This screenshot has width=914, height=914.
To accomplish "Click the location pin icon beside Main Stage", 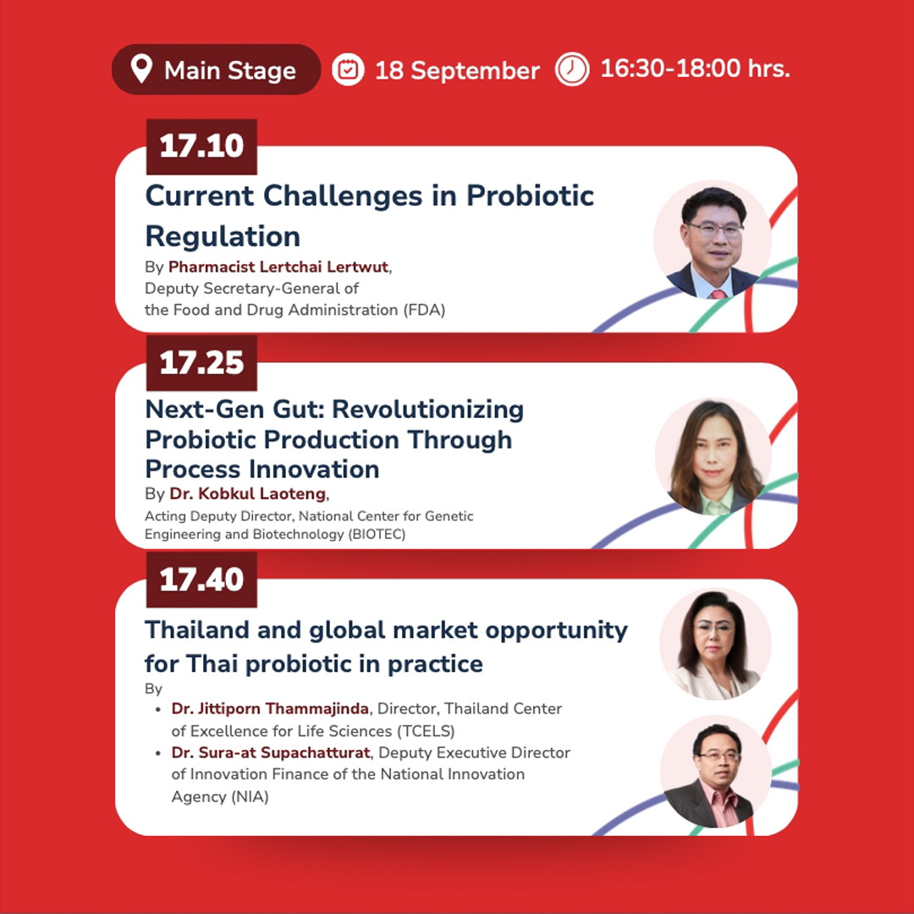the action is coord(141,69).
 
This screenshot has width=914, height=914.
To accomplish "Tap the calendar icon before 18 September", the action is coord(348,70).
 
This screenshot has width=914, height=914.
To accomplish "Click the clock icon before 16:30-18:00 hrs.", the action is coord(572,69).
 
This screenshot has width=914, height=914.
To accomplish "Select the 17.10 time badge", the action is coord(201,146).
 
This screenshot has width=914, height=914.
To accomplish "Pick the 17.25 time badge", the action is coord(201,363).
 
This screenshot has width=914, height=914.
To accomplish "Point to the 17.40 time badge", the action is coord(201,580).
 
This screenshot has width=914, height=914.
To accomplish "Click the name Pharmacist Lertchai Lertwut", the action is coord(278,267).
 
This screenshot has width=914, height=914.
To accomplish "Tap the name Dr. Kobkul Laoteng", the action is coord(248,493).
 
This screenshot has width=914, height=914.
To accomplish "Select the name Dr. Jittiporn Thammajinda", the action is coord(270,709).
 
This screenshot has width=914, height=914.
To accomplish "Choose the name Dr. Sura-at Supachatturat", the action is coord(271,752).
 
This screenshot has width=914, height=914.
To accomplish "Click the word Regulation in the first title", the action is coord(223,237).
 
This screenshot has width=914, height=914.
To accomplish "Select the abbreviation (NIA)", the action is coord(250,797).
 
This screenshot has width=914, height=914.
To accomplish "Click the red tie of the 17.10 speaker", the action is coord(718,293).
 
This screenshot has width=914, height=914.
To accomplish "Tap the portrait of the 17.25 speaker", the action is coord(713,456).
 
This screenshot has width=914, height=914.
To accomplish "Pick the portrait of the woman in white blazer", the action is coord(715,645).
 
